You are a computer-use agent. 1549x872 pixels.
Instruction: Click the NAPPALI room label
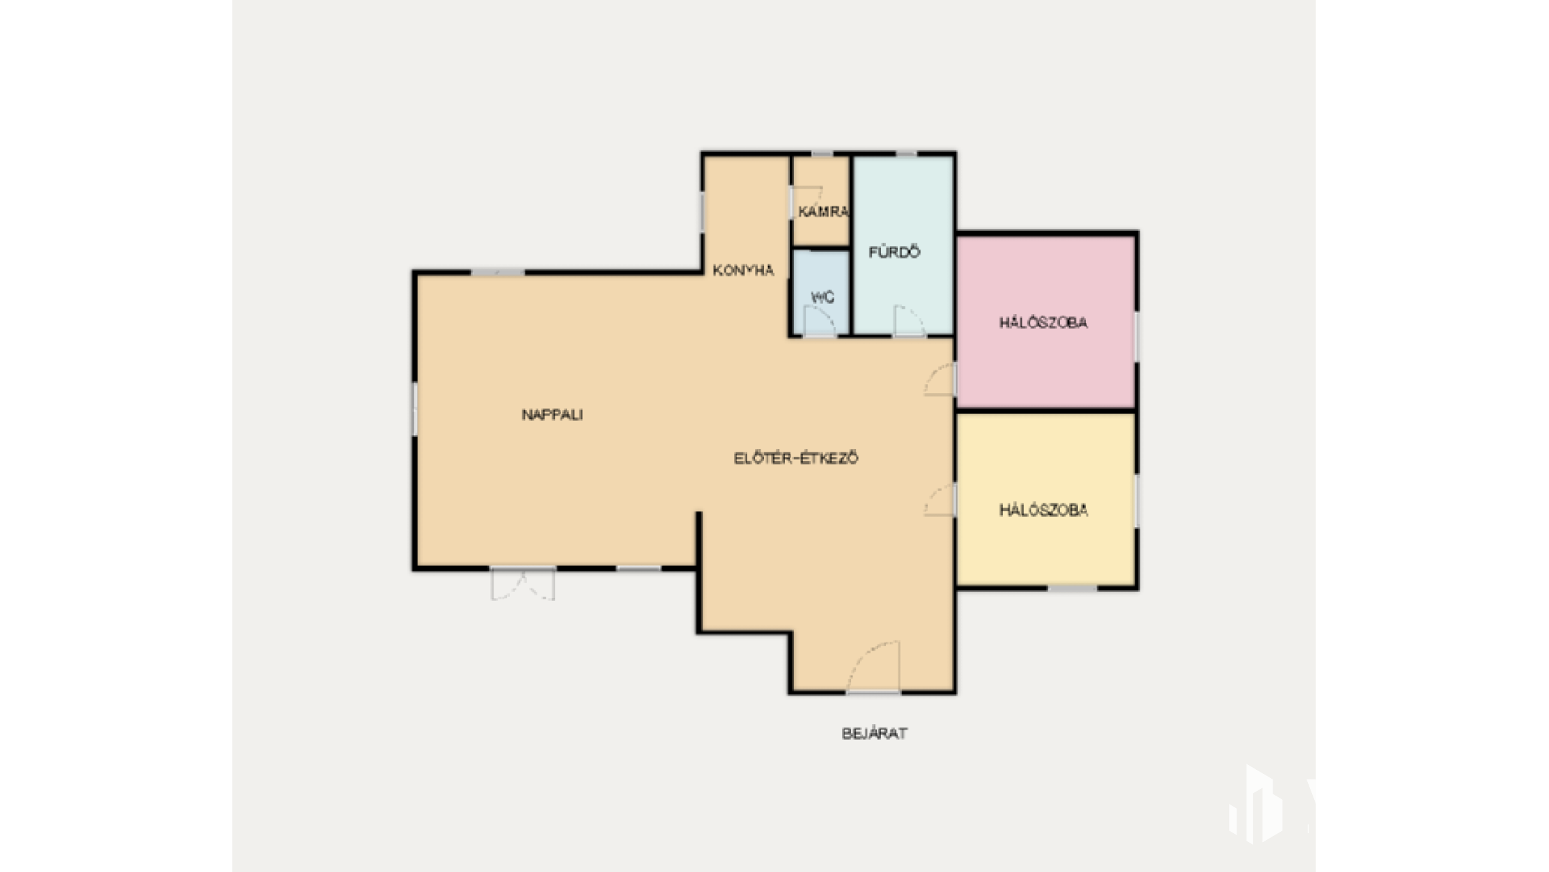pos(552,414)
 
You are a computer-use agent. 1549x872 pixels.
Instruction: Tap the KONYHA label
pos(743,270)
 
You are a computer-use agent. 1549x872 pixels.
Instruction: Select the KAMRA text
pos(823,212)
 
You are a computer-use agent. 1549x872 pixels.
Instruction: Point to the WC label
pos(823,298)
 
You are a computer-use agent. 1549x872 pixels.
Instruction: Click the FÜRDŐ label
pos(894,252)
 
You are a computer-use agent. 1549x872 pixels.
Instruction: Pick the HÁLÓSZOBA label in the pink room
pos(1043,322)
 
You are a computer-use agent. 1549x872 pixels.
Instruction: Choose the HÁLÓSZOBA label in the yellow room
pos(1043,510)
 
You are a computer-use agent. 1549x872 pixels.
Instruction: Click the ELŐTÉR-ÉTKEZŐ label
pos(795,458)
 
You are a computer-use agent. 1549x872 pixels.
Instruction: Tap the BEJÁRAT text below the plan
pos(874,733)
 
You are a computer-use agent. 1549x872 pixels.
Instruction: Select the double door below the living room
pos(523,584)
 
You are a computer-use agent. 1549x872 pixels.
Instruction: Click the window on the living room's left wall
pos(414,409)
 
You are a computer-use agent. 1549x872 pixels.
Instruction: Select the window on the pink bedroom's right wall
pos(1136,337)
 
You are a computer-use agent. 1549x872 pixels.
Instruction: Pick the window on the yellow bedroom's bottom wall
pos(1072,587)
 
